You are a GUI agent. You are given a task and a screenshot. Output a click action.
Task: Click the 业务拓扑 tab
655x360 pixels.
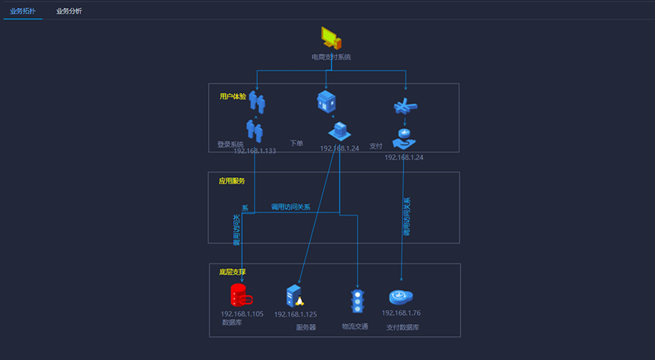click(x=23, y=11)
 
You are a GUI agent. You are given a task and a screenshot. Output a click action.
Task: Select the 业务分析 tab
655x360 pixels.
click(x=69, y=11)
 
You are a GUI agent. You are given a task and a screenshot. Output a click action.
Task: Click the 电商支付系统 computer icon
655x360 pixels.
click(x=331, y=38)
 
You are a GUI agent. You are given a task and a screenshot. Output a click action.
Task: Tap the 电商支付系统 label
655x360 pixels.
click(x=331, y=57)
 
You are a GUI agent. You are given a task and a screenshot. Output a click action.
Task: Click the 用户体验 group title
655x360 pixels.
click(x=233, y=96)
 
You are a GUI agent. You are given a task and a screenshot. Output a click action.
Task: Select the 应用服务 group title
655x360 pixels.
click(x=232, y=181)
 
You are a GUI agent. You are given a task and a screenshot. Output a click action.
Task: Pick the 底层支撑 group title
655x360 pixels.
click(x=233, y=271)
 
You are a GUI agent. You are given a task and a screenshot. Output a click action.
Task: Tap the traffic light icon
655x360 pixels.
click(x=358, y=301)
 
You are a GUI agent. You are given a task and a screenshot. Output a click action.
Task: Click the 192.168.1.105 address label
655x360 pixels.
click(x=242, y=313)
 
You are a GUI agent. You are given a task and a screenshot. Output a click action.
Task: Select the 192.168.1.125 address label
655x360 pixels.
click(x=296, y=315)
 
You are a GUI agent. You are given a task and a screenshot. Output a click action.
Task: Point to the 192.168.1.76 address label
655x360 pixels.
click(x=401, y=313)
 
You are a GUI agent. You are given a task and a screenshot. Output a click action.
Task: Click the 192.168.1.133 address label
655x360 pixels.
click(x=255, y=151)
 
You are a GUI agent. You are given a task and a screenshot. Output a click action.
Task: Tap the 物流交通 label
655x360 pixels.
click(x=355, y=326)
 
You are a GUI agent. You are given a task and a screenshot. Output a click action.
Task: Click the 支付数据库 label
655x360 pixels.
click(x=403, y=327)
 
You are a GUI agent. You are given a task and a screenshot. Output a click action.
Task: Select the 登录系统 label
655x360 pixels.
click(x=230, y=144)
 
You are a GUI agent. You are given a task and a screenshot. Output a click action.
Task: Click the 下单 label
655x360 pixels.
click(x=296, y=142)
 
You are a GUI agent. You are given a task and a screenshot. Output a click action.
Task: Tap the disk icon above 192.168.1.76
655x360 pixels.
click(x=401, y=296)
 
